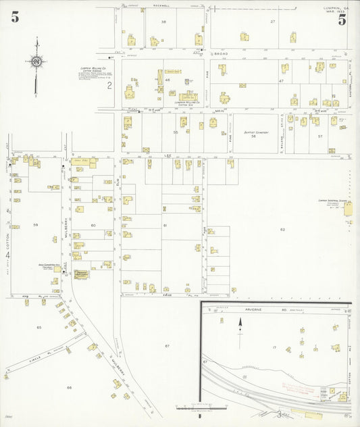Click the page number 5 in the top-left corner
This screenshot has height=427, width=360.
coord(15,18)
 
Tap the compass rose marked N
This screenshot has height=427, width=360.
coord(36,62)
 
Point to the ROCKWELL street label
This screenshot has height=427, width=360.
coord(161,7)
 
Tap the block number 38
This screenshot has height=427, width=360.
coord(163,22)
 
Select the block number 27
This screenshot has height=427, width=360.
coord(273,22)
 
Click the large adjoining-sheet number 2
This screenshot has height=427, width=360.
coord(109,85)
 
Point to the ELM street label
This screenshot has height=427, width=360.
coord(117,182)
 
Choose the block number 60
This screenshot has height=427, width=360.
coord(93,225)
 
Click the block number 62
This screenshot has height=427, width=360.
coord(282,230)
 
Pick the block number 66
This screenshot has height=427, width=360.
coord(69,388)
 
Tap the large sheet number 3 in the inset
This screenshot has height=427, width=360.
coord(278,413)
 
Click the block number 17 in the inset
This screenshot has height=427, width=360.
coord(274,347)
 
